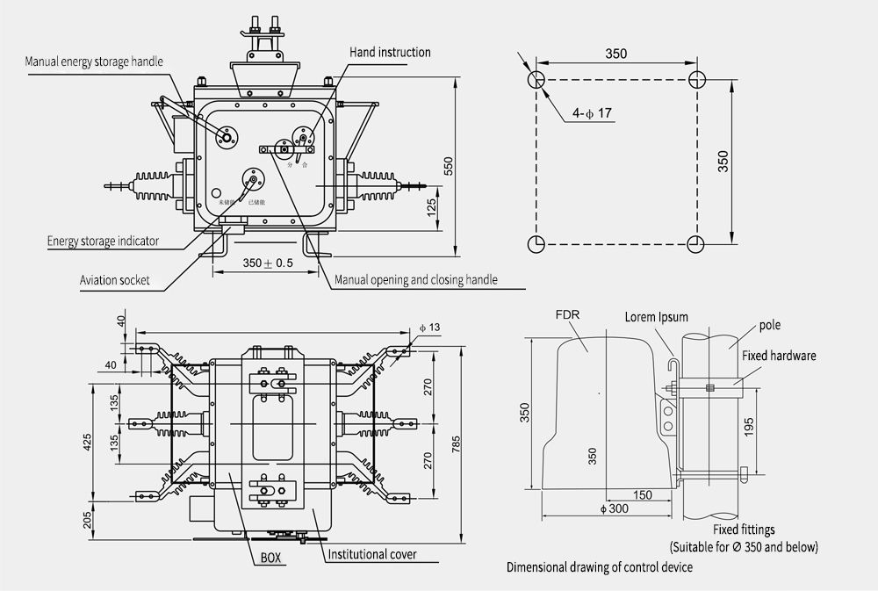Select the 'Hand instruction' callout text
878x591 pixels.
tap(391, 53)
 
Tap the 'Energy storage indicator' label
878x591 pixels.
tap(103, 241)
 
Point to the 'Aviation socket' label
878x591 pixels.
tap(115, 281)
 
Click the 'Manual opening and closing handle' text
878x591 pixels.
tap(416, 280)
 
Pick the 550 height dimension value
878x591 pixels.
tap(449, 168)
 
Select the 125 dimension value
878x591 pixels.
tap(432, 207)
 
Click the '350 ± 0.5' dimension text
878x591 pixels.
tap(267, 263)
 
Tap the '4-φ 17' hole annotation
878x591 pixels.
tap(593, 114)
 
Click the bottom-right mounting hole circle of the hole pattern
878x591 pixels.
tap(695, 242)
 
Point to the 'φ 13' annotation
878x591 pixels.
tap(429, 328)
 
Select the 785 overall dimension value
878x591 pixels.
tap(457, 444)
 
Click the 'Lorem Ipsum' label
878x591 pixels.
tap(656, 317)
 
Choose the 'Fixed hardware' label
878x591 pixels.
tap(779, 356)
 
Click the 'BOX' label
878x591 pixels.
tap(271, 557)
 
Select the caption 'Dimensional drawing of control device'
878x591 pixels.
tap(600, 567)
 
